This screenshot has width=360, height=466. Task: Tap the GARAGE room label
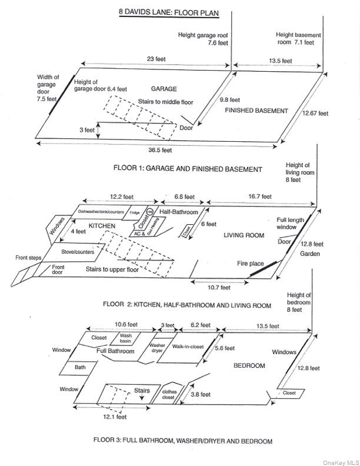click(164, 89)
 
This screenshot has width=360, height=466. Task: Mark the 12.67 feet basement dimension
click(315, 113)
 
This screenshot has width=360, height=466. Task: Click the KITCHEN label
click(101, 225)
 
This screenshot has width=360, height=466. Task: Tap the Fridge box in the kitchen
click(135, 212)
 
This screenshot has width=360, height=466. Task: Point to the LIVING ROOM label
click(244, 235)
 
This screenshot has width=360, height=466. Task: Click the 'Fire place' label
click(250, 264)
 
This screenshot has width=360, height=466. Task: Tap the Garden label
click(309, 254)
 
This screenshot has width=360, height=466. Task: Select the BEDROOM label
click(249, 365)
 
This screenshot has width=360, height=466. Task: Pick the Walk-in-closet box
click(188, 347)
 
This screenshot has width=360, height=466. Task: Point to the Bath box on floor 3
click(79, 367)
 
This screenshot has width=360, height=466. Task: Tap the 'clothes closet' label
click(168, 394)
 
